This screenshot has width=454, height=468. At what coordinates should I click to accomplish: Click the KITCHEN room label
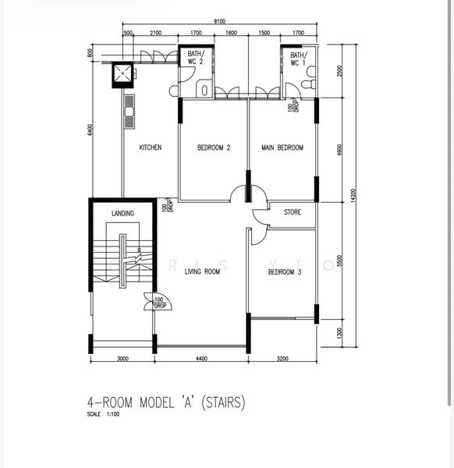click(x=151, y=147)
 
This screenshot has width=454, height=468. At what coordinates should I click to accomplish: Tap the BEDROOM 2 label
click(x=214, y=147)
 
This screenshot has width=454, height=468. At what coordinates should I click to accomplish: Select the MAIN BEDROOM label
click(x=282, y=147)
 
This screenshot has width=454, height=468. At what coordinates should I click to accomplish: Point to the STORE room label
click(x=292, y=211)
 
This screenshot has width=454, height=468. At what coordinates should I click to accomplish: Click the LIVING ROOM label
click(x=202, y=272)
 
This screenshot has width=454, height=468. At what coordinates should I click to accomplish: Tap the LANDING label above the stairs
click(x=122, y=213)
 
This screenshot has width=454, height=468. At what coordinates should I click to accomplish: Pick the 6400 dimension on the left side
click(x=91, y=129)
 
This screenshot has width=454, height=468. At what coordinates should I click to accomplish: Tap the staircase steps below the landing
click(x=107, y=261)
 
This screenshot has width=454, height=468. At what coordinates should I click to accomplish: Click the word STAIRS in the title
click(x=224, y=402)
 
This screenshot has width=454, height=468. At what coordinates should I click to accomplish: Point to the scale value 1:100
click(x=113, y=414)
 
